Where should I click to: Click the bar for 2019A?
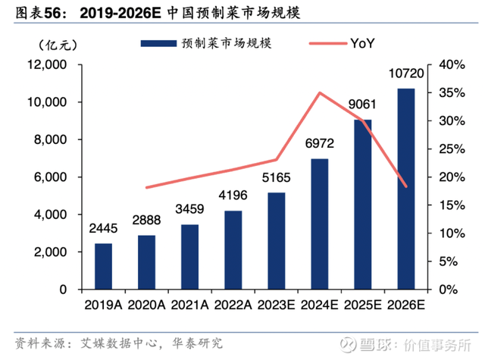(103, 267)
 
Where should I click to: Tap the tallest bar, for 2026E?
(406, 189)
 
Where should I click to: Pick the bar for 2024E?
(320, 224)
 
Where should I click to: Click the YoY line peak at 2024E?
(320, 93)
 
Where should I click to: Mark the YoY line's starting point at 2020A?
(146, 187)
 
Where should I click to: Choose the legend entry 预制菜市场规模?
(205, 43)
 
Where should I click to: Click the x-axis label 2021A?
(189, 305)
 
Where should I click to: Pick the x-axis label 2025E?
(362, 305)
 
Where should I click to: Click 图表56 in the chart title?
(31, 11)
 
